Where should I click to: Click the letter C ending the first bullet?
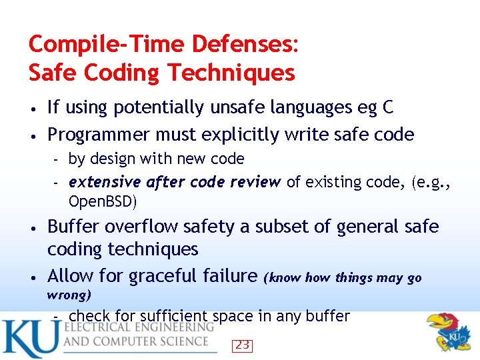pos(387,107)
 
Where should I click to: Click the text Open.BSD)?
pos(103,201)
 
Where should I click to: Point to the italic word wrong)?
pos(69,294)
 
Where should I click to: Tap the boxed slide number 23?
pos(243,345)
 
